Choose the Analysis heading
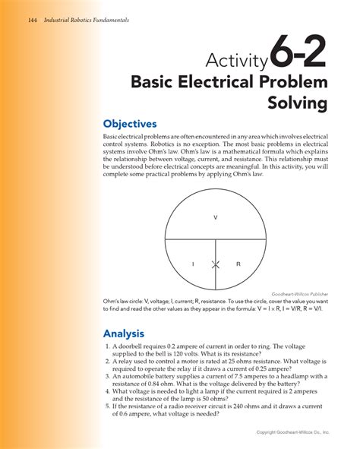[x=125, y=333]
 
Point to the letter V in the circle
[x=216, y=217]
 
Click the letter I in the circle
[x=193, y=264]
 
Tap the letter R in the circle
[x=238, y=264]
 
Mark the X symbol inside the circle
[x=216, y=264]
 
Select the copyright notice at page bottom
[x=292, y=432]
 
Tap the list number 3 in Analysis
[x=107, y=375]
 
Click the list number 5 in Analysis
[x=107, y=406]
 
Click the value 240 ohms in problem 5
[x=257, y=406]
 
